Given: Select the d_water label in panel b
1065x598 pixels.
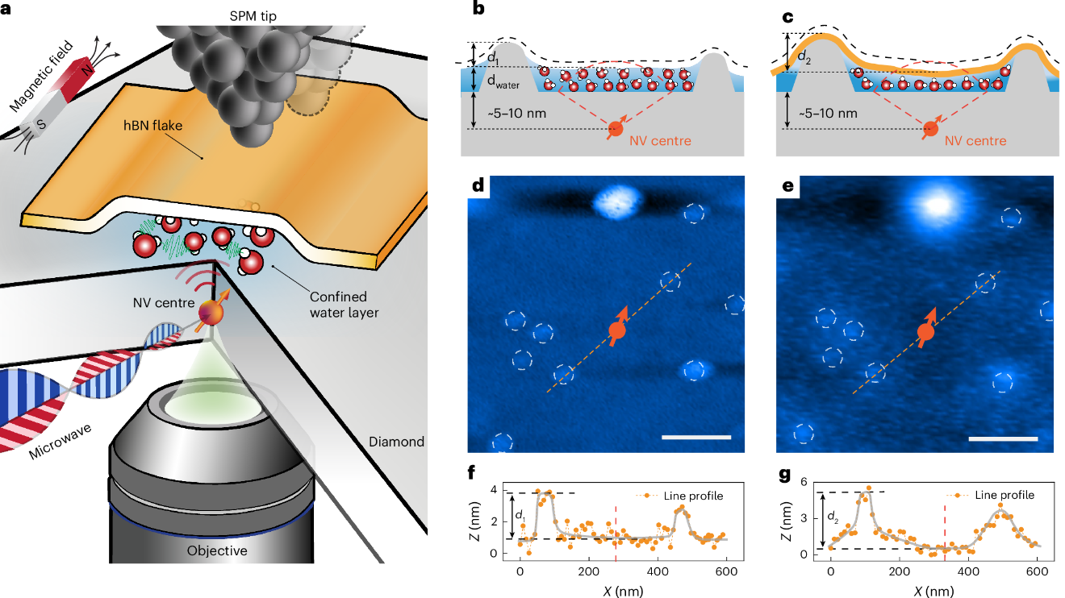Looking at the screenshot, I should click(501, 81).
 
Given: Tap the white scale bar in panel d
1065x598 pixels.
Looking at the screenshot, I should click(695, 437).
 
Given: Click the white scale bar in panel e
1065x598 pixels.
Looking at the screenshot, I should click(1002, 439).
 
